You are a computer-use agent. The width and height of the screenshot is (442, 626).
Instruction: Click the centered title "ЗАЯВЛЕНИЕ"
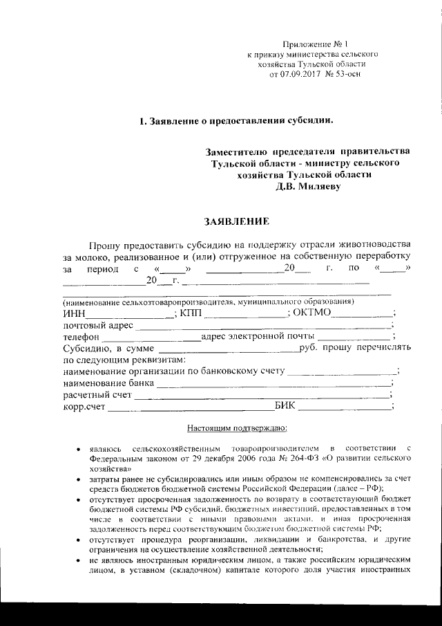tap(231, 221)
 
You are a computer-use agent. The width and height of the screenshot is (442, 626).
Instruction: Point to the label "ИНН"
tap(74, 313)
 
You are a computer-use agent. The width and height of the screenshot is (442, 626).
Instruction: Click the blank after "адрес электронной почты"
tap(358, 336)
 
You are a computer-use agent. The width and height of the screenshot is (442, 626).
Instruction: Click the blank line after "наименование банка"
tap(273, 383)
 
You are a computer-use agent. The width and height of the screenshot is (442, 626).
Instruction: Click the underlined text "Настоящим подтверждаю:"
tap(227, 429)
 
